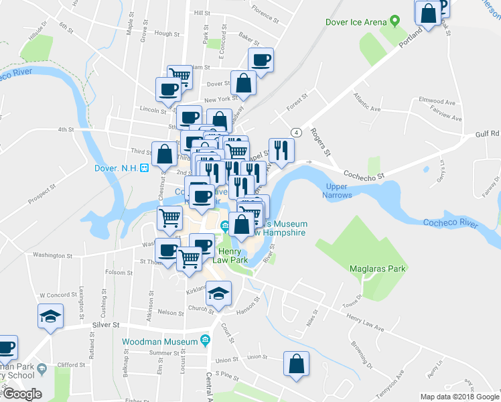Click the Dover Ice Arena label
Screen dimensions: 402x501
356,22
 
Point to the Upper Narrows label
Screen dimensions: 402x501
338,190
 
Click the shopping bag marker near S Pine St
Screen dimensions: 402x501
296,364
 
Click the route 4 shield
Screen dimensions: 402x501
295,131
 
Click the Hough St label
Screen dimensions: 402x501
163,33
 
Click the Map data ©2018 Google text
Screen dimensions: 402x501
459,397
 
